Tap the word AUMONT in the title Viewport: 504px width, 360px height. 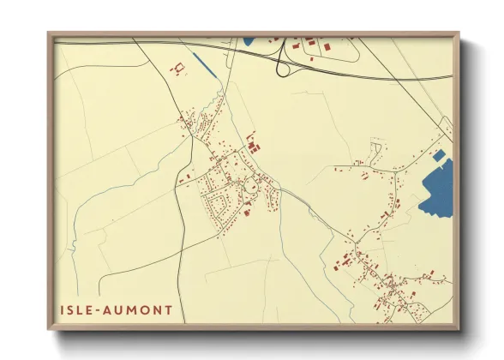141,309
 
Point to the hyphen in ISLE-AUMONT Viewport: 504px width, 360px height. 104,309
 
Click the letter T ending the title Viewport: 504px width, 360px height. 167,309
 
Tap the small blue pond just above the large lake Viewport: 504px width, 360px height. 440,155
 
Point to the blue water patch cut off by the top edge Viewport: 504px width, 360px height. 249,40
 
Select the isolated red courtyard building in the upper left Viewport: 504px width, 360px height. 179,68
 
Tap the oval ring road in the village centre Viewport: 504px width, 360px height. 254,185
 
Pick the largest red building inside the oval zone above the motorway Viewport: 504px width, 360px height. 310,43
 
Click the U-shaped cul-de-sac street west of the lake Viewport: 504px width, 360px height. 375,152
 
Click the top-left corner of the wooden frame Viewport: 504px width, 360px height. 48,33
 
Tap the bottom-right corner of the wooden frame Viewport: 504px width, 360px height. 459,331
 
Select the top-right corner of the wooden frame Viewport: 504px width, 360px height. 459,33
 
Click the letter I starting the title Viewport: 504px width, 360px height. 64,309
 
